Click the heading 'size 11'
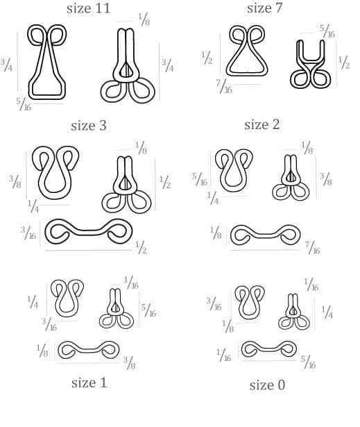tap(88, 8)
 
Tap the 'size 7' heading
tap(264, 8)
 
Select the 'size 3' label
tap(88, 126)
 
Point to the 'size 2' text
tap(262, 125)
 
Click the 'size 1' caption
tap(89, 383)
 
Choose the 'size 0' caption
tap(267, 385)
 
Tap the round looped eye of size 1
tap(67, 312)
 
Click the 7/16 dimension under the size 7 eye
tap(224, 86)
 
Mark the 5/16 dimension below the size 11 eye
tap(24, 104)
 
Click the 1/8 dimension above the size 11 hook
tap(144, 19)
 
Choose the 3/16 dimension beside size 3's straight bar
tap(28, 233)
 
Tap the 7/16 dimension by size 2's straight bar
tap(312, 247)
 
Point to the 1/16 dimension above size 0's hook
tap(311, 284)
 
